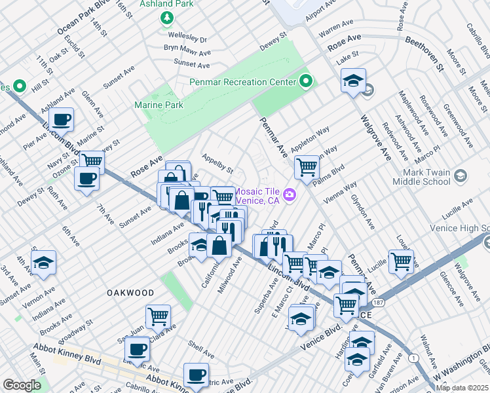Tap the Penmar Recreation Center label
click(x=242, y=82)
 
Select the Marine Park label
click(x=158, y=104)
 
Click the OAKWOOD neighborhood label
click(x=130, y=293)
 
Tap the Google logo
click(x=22, y=385)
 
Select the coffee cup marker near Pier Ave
click(x=62, y=119)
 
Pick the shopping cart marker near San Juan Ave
click(x=158, y=316)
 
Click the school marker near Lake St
click(x=353, y=81)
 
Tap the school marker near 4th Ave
click(x=43, y=263)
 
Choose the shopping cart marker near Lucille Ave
click(x=401, y=261)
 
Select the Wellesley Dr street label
click(x=185, y=39)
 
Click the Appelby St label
click(x=217, y=164)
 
